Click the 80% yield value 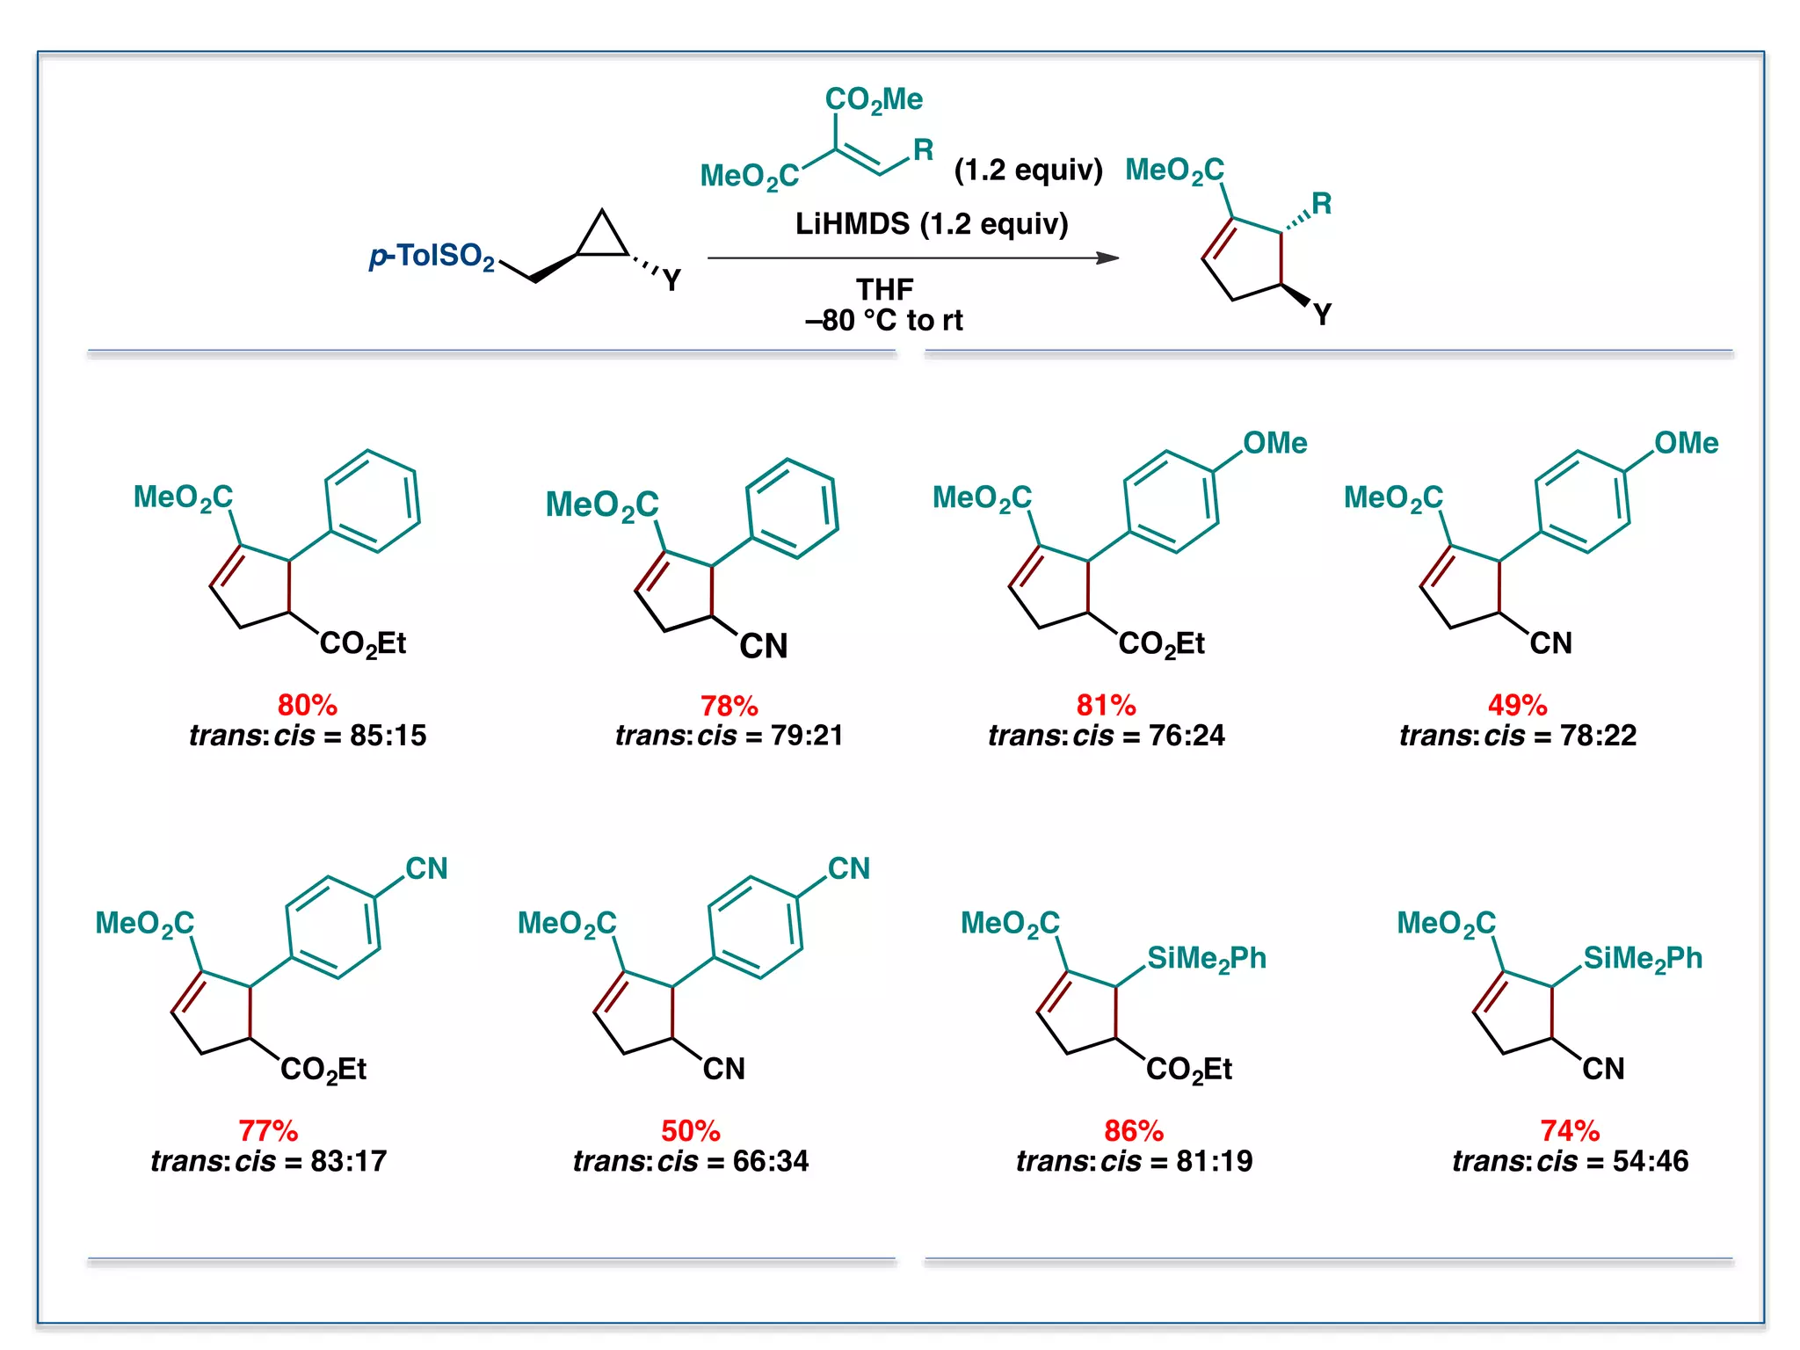click(307, 705)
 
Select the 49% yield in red click(1517, 705)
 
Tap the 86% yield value click(1134, 1130)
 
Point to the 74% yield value click(1570, 1130)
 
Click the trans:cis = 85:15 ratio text click(308, 736)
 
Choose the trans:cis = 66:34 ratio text click(691, 1161)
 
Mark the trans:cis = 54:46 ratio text click(1570, 1161)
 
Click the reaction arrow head click(1108, 258)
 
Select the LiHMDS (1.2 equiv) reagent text click(932, 224)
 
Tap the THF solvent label click(884, 289)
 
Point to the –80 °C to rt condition click(884, 320)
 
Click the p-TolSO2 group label click(432, 257)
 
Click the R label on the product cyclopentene click(1321, 204)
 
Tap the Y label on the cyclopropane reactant click(672, 281)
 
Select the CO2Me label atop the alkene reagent click(874, 100)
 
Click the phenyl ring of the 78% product click(792, 508)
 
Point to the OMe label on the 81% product click(1274, 443)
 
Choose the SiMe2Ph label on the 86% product click(1206, 959)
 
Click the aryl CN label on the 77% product click(426, 868)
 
